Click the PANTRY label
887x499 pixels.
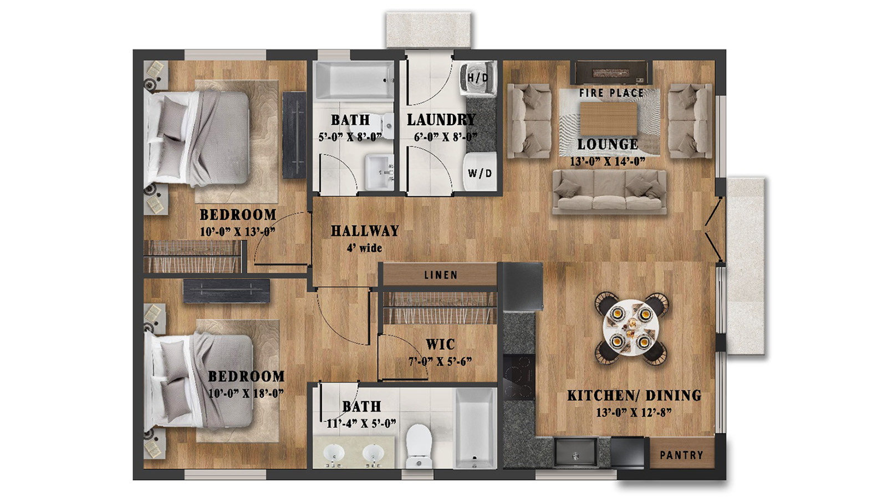pos(681,455)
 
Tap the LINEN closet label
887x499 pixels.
pos(441,275)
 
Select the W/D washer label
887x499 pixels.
pos(480,174)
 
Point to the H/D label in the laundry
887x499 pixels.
pos(477,78)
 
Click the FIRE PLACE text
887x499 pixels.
pos(611,93)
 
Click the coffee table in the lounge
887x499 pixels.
pos(608,119)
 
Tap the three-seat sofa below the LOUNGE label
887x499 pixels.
pos(609,191)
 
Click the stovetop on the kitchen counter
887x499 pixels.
pos(519,377)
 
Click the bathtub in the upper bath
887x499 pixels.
pos(354,81)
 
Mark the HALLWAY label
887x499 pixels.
pos(365,231)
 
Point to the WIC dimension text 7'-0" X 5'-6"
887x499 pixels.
pos(440,361)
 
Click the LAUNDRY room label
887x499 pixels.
pos(441,120)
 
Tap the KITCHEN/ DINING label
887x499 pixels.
pos(634,395)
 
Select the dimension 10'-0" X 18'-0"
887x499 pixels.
pos(246,393)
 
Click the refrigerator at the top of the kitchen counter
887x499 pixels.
pos(522,287)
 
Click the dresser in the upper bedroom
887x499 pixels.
pos(294,135)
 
